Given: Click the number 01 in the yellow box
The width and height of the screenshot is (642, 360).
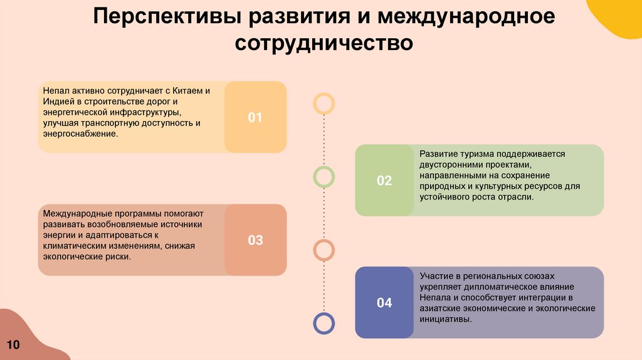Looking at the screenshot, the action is [x=255, y=117].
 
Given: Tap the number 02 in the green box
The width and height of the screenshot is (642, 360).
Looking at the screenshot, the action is [x=384, y=181].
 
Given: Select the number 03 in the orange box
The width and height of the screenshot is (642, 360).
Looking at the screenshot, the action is [x=255, y=240].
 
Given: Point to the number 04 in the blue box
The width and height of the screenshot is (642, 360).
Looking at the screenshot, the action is [x=384, y=303].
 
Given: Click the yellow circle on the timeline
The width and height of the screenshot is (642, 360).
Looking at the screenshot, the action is [x=324, y=103].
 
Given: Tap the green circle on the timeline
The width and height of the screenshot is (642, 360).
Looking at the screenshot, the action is [x=324, y=177].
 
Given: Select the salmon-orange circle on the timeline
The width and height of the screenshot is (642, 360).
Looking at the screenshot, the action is [x=324, y=250].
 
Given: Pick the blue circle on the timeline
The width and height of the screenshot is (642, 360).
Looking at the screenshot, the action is [x=324, y=323].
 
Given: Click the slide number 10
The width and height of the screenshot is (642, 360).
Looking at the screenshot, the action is [x=14, y=345].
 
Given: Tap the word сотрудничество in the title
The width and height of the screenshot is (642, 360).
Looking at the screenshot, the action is [x=324, y=44].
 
